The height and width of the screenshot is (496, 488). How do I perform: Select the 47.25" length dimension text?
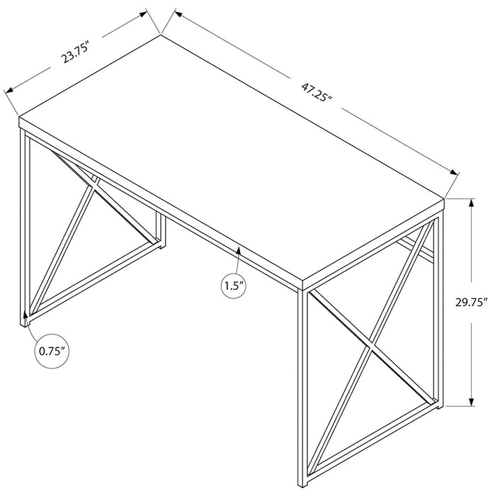(317, 91)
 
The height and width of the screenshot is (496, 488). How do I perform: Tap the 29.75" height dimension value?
(470, 302)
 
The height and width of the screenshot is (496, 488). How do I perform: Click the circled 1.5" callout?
(234, 286)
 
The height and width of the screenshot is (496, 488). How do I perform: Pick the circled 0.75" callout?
(52, 351)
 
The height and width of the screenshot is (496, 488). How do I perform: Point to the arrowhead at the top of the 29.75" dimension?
(472, 203)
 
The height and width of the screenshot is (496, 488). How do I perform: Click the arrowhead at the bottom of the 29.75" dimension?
(472, 402)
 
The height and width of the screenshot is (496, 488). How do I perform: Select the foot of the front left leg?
(25, 324)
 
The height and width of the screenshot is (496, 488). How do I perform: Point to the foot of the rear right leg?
(439, 406)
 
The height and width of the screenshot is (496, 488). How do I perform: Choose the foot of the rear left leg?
(161, 245)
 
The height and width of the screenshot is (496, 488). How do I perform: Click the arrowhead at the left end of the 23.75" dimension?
(9, 91)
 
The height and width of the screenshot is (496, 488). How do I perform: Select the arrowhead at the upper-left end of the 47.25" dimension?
(178, 13)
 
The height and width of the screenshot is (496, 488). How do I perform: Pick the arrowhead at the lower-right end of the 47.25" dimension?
(455, 172)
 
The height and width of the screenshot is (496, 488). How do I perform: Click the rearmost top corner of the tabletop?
(161, 35)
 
